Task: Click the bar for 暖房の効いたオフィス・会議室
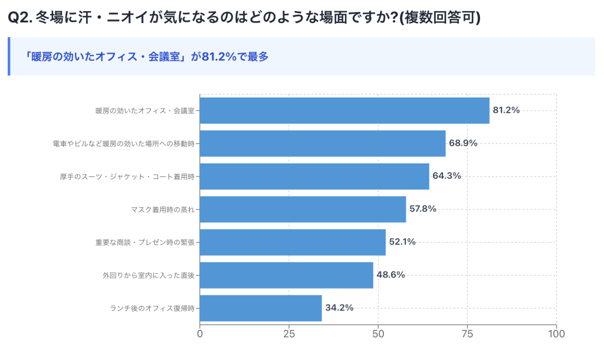pos(344,110)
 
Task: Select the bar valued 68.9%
pos(323,143)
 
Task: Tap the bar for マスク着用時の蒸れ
pos(303,209)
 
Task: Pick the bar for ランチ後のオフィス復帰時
pos(261,308)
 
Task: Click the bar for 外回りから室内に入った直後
pos(287,275)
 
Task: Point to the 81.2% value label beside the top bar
pos(506,110)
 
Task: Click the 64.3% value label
pos(447,176)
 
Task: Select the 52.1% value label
pos(402,242)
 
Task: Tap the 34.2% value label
pos(339,308)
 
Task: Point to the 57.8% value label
pos(422,209)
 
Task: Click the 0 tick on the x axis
pos(200,334)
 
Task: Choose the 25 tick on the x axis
pos(289,334)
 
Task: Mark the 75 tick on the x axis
pos(468,334)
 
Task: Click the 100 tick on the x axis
pos(556,334)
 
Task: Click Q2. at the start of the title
pos(20,18)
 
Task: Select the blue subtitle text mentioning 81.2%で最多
pos(147,57)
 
